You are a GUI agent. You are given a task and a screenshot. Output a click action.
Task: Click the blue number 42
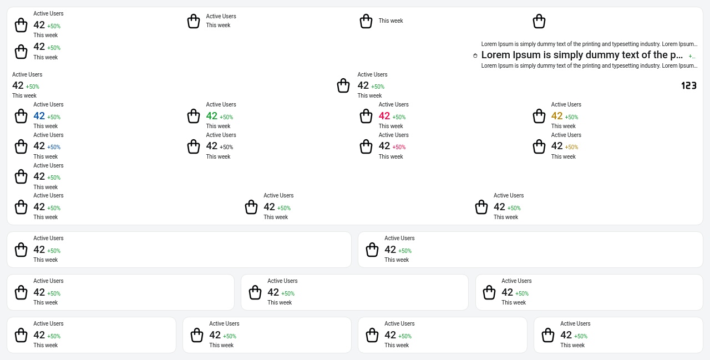click(39, 116)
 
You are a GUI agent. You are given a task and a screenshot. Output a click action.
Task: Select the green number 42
click(212, 116)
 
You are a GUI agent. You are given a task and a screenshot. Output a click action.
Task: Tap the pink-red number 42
click(384, 116)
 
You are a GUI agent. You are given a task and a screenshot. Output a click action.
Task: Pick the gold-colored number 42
click(557, 116)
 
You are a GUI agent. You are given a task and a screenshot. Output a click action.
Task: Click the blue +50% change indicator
click(54, 148)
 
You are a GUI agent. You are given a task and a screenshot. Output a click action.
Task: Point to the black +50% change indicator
click(226, 148)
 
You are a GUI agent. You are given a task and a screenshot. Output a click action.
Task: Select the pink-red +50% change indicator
click(399, 148)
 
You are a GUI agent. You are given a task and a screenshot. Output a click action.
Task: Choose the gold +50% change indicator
click(571, 148)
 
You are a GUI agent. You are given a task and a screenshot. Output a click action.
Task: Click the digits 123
click(689, 85)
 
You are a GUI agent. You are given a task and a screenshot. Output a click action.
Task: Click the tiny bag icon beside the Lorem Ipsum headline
click(475, 55)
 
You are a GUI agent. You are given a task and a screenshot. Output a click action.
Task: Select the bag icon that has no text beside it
click(539, 21)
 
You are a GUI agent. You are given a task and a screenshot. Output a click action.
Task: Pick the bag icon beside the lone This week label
click(366, 21)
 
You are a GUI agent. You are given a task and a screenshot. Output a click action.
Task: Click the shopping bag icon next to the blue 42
click(21, 116)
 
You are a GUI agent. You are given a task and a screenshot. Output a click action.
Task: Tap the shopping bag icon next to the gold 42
click(539, 116)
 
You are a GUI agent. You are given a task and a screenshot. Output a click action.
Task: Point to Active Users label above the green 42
click(221, 105)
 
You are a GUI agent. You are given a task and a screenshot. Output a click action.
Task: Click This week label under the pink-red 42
click(390, 126)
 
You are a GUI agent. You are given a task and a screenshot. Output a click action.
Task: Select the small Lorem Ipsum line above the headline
click(589, 44)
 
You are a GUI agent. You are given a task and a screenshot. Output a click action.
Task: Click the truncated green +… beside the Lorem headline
click(692, 56)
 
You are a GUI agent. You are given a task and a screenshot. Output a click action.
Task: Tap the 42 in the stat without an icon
click(18, 85)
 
